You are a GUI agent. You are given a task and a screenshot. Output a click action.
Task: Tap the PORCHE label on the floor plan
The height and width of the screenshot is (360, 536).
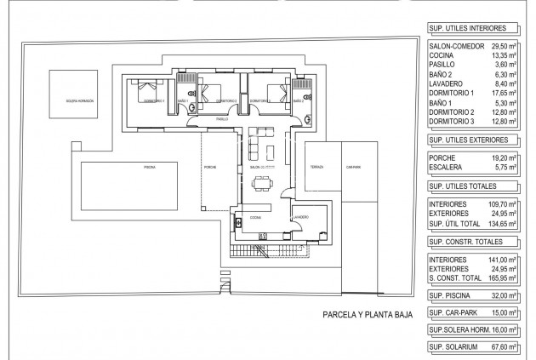210,168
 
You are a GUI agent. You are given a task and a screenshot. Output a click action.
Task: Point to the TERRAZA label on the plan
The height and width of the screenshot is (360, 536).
316,167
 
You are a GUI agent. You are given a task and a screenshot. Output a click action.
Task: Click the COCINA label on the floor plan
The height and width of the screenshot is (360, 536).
255,218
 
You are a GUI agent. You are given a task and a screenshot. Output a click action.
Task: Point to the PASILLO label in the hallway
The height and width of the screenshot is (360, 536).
222,119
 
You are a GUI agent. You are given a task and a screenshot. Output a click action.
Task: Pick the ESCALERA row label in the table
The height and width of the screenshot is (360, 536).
449,169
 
